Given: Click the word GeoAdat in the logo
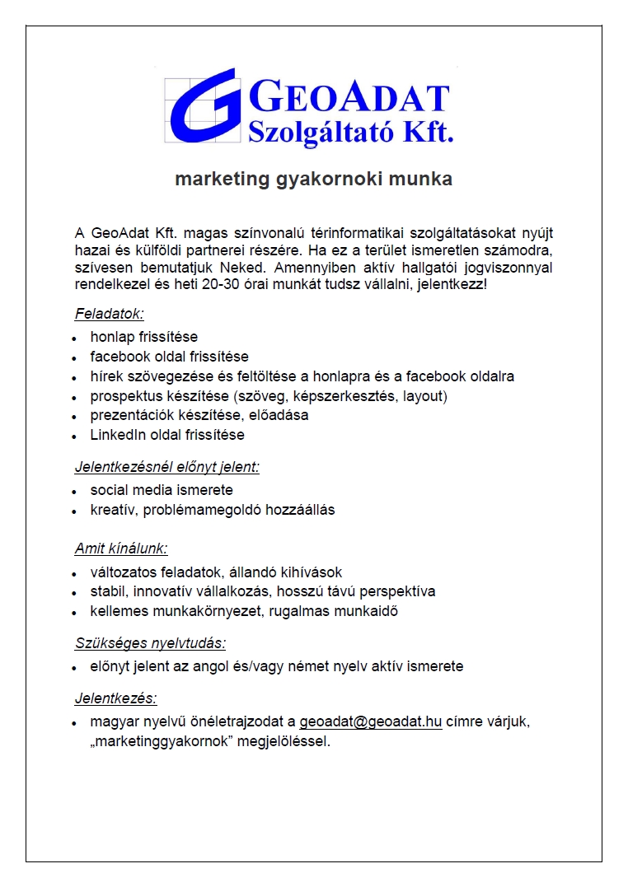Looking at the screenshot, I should (348, 98).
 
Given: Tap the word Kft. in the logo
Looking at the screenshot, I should (425, 132).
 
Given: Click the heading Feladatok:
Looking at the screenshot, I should (110, 314).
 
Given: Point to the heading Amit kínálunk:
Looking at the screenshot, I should (121, 549).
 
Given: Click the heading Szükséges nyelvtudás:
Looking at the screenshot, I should (150, 643).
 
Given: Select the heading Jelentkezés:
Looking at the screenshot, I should (115, 698).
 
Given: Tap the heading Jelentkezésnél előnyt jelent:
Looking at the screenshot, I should (166, 467).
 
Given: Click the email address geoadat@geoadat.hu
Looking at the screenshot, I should (371, 722).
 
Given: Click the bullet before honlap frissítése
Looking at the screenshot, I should (73, 338).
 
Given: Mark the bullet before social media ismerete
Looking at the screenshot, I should (73, 491).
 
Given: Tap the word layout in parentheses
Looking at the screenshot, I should (423, 396).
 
